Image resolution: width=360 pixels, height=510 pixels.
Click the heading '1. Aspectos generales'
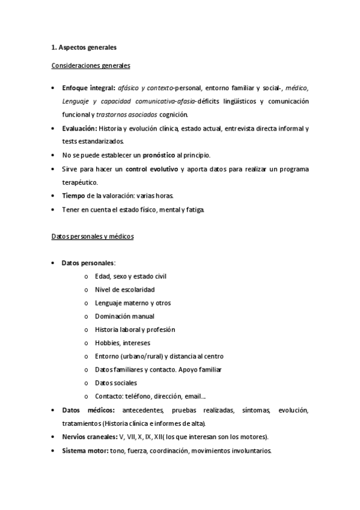pyautogui.click(x=83, y=47)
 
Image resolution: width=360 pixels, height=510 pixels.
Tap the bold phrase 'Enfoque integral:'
pyautogui.click(x=88, y=87)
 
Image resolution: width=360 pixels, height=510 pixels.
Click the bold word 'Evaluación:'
pyautogui.click(x=79, y=129)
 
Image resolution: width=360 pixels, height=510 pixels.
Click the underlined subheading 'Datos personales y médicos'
pyautogui.click(x=92, y=236)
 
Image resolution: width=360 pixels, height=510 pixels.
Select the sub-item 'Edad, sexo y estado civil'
pyautogui.click(x=130, y=276)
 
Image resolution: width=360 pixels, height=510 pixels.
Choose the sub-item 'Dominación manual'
pyautogui.click(x=124, y=316)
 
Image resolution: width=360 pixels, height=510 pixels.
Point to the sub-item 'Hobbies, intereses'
pyautogui.click(x=122, y=343)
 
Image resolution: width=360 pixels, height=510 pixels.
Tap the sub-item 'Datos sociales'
pyautogui.click(x=116, y=382)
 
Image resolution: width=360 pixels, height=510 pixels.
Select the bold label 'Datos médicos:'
pyautogui.click(x=88, y=410)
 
